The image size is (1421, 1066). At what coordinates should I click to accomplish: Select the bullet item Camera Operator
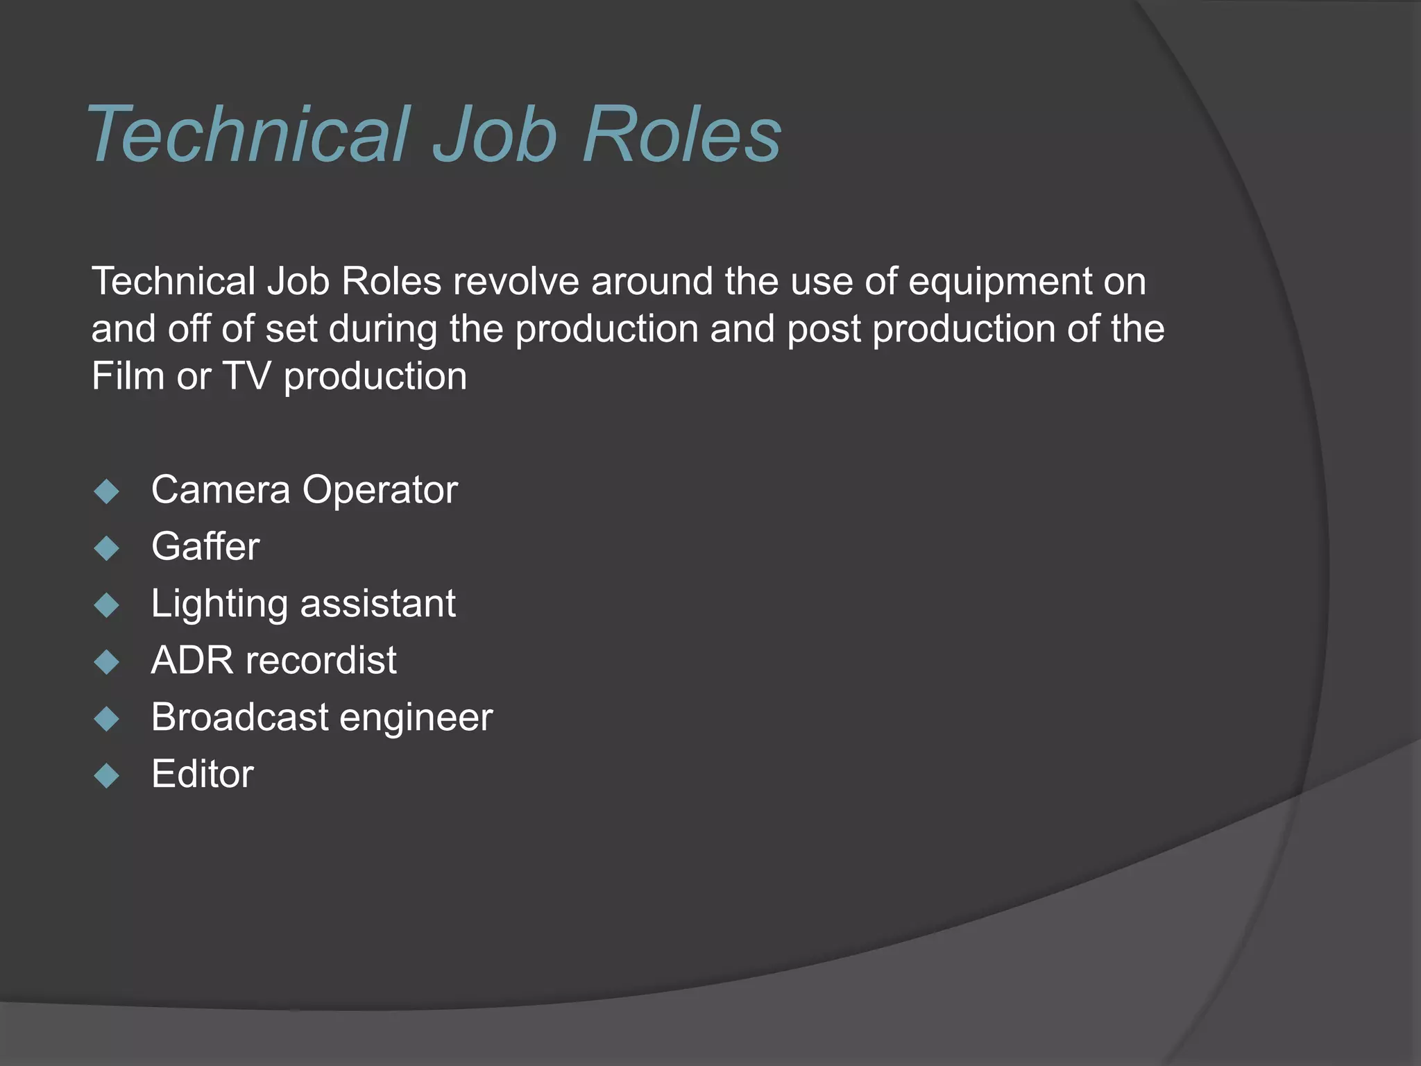(x=304, y=490)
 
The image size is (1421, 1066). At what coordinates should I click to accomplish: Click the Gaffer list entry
(x=205, y=547)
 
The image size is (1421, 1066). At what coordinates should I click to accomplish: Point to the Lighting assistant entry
(x=303, y=604)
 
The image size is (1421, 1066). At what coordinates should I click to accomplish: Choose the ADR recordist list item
(x=273, y=660)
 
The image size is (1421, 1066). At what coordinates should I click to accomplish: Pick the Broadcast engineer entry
(x=321, y=717)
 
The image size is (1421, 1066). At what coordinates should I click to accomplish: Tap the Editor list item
(x=203, y=774)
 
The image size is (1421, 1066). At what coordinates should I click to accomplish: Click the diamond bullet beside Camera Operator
(x=107, y=492)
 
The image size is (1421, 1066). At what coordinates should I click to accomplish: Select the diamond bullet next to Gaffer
(x=107, y=548)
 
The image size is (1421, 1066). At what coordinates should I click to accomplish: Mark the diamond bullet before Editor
(x=107, y=775)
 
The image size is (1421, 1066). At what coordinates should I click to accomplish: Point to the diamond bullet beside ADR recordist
(x=107, y=662)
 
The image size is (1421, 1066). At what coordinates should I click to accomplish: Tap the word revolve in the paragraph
(x=516, y=282)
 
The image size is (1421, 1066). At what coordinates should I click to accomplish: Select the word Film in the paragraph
(x=128, y=376)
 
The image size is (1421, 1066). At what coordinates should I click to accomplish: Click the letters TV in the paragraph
(x=246, y=376)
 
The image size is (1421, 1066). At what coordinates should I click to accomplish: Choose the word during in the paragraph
(x=382, y=330)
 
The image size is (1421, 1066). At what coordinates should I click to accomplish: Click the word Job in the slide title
(x=495, y=134)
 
